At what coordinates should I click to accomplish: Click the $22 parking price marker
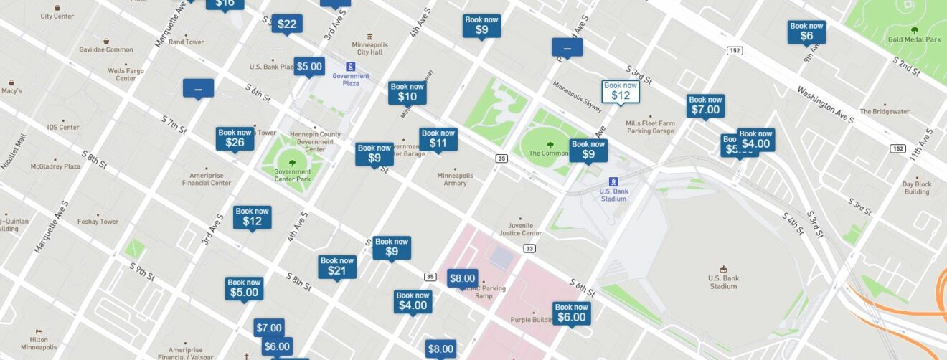[x=286, y=24]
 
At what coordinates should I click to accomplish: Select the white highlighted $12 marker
[x=620, y=91]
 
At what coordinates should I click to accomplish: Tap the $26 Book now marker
[x=235, y=138]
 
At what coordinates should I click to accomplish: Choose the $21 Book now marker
[x=336, y=266]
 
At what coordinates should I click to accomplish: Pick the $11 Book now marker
[x=438, y=138]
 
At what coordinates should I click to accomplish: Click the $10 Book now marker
[x=407, y=93]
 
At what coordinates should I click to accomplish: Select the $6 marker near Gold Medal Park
[x=806, y=32]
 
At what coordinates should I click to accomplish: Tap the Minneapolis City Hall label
[x=370, y=47]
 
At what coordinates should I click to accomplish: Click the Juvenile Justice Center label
[x=520, y=228]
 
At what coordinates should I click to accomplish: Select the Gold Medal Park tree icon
[x=914, y=30]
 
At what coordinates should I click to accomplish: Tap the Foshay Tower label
[x=98, y=222]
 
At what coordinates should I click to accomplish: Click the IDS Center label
[x=63, y=127]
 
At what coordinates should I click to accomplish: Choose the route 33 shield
[x=529, y=248]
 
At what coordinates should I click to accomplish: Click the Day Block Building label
[x=917, y=188]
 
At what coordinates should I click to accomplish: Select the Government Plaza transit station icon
[x=350, y=66]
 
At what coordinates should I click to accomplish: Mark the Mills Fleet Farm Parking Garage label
[x=650, y=127]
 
